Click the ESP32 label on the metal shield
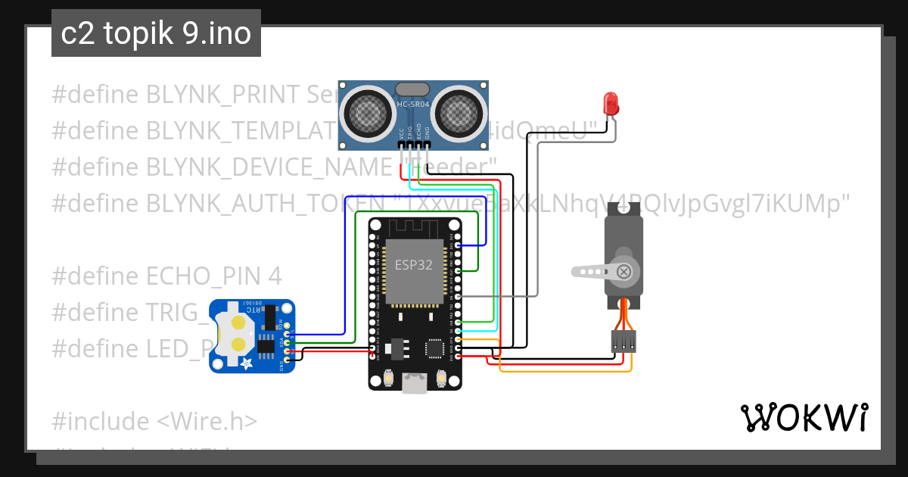(x=414, y=266)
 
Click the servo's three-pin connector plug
(x=623, y=342)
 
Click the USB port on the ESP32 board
(x=414, y=384)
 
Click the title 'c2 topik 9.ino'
(x=156, y=34)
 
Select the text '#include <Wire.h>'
(x=155, y=421)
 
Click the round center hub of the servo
(x=623, y=271)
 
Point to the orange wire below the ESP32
(x=564, y=371)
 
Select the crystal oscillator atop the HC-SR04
(x=413, y=89)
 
